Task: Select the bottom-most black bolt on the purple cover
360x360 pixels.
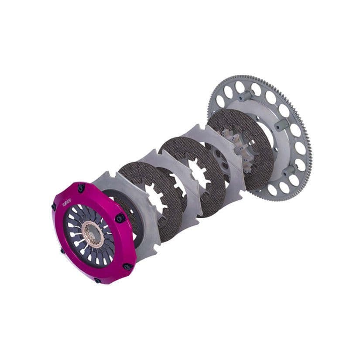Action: tap(97, 280)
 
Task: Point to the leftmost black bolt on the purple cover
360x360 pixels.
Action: tap(54, 207)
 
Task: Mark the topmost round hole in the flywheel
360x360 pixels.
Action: tap(240, 86)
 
